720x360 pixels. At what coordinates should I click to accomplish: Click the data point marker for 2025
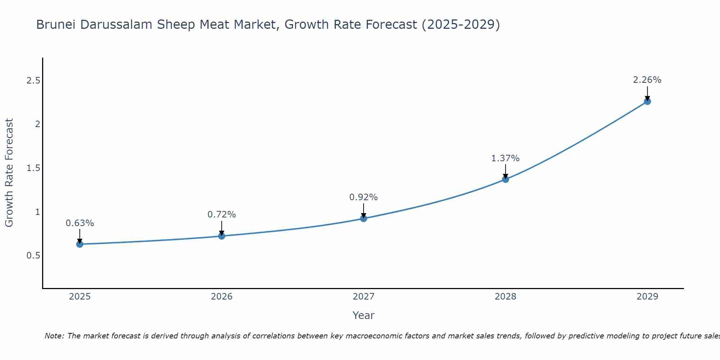[80, 244]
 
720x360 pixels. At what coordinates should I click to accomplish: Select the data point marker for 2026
[222, 236]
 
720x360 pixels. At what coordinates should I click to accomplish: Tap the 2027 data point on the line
[364, 218]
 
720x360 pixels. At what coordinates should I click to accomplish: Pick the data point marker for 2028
[505, 179]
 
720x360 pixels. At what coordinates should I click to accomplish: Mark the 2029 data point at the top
[647, 101]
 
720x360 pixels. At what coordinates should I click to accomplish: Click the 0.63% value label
[80, 223]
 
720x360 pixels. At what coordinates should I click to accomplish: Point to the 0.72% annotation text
[222, 215]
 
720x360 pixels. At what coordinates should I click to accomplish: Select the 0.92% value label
[364, 197]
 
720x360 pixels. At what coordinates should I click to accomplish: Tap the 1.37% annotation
[505, 158]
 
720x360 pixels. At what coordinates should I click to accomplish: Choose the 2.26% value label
[647, 80]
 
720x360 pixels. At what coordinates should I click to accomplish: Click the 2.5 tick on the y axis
[33, 80]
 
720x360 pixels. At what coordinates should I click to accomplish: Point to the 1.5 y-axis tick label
[33, 168]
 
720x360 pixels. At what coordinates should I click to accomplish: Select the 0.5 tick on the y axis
[33, 256]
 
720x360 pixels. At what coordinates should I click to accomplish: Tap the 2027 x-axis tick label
[364, 297]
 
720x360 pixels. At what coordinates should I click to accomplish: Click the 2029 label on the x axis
[647, 297]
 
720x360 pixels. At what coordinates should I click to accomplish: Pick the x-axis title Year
[364, 315]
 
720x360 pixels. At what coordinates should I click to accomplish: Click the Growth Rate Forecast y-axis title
[9, 173]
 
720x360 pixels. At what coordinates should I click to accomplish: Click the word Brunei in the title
[56, 25]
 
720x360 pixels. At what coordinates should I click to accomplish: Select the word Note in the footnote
[54, 336]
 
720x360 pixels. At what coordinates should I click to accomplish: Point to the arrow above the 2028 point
[505, 171]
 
